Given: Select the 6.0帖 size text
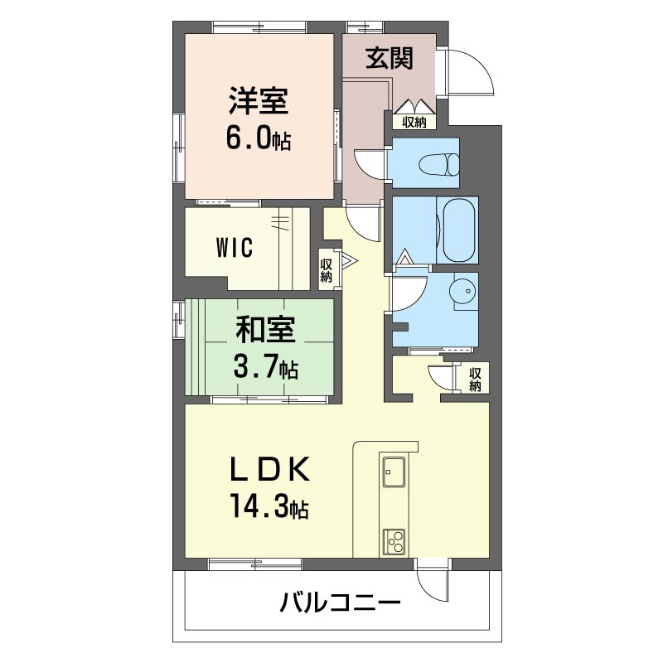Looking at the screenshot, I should [x=259, y=138].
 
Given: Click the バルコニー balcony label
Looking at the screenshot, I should [x=340, y=603].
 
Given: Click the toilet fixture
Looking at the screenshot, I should [x=440, y=163].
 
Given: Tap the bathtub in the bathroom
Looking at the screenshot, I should [x=457, y=230].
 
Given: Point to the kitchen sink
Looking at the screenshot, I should [x=393, y=474].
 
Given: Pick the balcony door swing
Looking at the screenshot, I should [x=433, y=586].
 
